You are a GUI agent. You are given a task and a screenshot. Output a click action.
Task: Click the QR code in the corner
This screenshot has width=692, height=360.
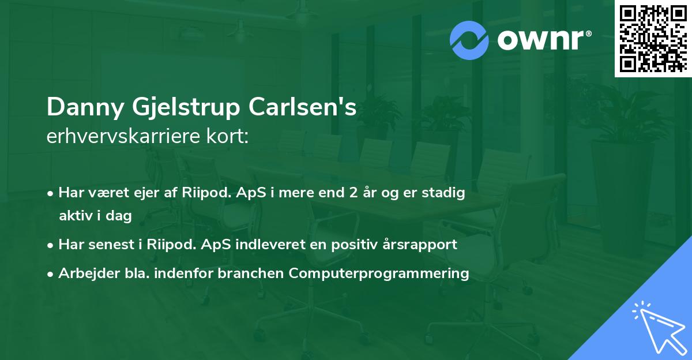click(x=653, y=39)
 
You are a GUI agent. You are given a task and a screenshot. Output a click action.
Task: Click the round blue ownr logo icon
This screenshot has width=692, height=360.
click(x=469, y=40)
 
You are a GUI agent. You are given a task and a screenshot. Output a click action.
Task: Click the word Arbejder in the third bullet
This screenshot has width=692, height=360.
click(x=84, y=273)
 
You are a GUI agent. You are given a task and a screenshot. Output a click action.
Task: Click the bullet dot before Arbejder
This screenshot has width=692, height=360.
click(x=51, y=274)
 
